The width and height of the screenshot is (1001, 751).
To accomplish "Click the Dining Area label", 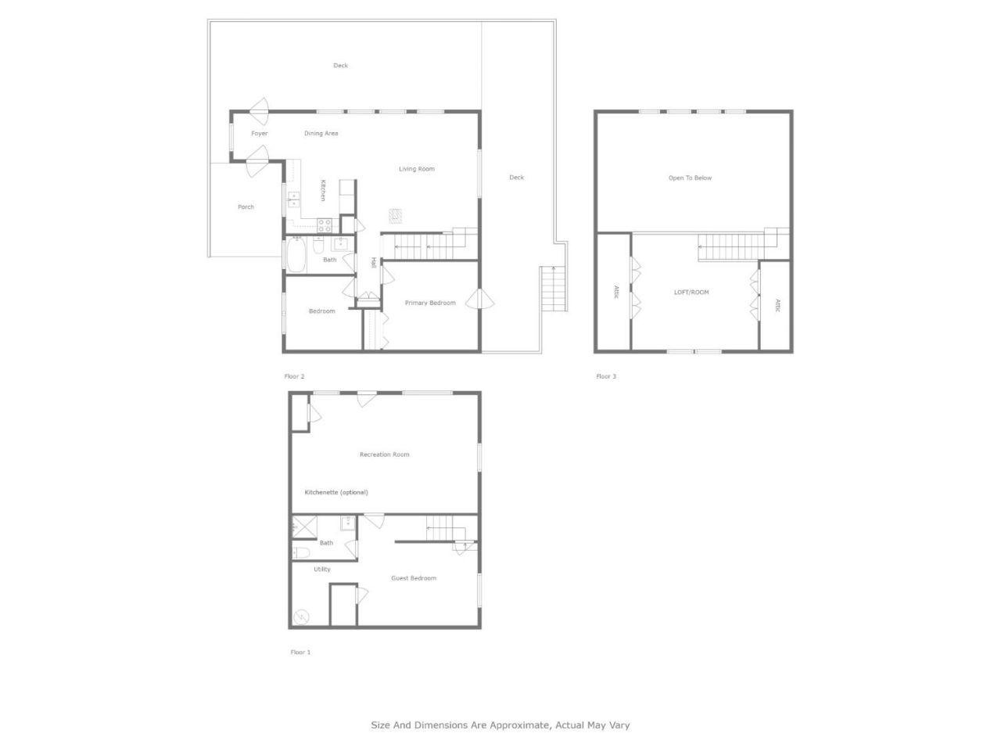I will pyautogui.click(x=321, y=134).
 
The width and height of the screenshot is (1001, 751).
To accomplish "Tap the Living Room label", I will pyautogui.click(x=416, y=169).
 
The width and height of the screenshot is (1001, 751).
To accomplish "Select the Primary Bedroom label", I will pyautogui.click(x=430, y=303).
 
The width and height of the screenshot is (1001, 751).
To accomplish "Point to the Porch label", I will pyautogui.click(x=246, y=207).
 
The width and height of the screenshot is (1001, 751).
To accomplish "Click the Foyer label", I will pyautogui.click(x=259, y=134).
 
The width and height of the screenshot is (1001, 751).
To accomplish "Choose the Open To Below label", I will pyautogui.click(x=690, y=178).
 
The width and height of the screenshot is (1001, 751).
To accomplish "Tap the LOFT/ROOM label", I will pyautogui.click(x=691, y=293).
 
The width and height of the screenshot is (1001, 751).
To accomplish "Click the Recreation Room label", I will pyautogui.click(x=384, y=455).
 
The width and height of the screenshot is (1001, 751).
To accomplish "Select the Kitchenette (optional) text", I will pyautogui.click(x=335, y=492).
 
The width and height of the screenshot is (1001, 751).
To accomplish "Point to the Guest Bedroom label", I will pyautogui.click(x=414, y=578).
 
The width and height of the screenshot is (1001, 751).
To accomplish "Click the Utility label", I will pyautogui.click(x=321, y=570).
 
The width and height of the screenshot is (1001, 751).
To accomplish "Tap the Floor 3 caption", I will pyautogui.click(x=606, y=376).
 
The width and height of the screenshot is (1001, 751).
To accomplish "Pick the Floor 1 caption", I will pyautogui.click(x=300, y=652).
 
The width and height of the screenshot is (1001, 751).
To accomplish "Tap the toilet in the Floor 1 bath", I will pyautogui.click(x=302, y=553).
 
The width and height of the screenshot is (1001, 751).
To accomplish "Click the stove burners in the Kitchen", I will pyautogui.click(x=324, y=225).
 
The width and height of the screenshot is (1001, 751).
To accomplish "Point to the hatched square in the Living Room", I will pyautogui.click(x=396, y=215).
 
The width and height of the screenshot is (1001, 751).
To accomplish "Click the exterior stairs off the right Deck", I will pyautogui.click(x=553, y=289).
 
